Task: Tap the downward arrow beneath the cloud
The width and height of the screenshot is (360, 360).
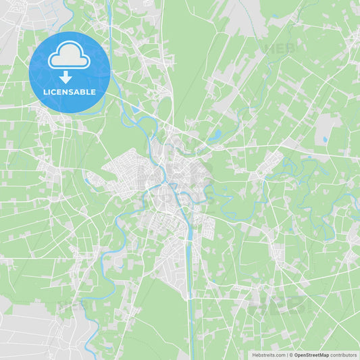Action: [66, 76]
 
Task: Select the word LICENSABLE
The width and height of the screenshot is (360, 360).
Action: [70, 92]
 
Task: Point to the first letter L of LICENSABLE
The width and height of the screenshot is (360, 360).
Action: [45, 92]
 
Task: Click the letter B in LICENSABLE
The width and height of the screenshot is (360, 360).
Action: [83, 92]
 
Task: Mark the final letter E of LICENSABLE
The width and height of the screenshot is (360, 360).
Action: [94, 92]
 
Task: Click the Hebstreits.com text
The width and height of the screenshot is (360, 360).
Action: [269, 355]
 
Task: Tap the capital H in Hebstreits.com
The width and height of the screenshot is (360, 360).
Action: [254, 355]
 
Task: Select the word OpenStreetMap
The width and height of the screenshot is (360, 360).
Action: [311, 355]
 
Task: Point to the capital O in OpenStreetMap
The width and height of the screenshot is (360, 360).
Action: [297, 355]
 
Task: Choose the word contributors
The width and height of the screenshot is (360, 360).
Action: [344, 355]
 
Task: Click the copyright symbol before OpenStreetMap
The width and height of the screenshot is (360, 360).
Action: [290, 355]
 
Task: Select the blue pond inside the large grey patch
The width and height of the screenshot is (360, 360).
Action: [325, 140]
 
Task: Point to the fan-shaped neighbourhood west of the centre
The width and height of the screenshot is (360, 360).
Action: [122, 169]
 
